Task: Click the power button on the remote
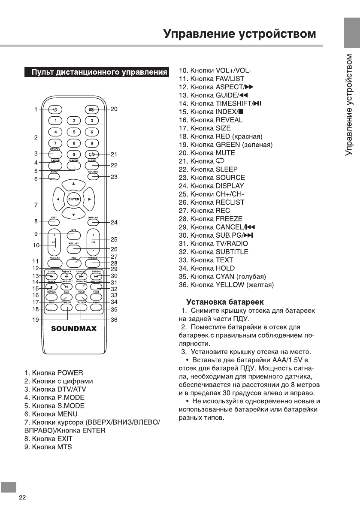tap(55, 109)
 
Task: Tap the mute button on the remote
tap(91, 109)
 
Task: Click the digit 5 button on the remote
tap(74, 132)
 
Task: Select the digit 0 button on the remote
tap(74, 154)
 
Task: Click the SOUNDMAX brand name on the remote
tap(74, 329)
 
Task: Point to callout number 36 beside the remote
tap(114, 320)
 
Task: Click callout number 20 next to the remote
tap(114, 109)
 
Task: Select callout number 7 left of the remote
tap(36, 205)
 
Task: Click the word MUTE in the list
tap(225, 153)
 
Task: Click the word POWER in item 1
tap(70, 372)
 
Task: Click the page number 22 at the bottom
tap(22, 498)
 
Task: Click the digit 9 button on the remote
tap(91, 143)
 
